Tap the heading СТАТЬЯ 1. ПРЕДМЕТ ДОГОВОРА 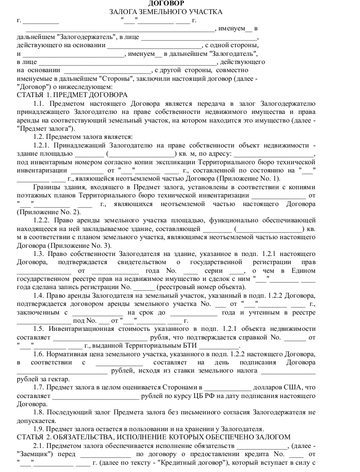tap(72, 95)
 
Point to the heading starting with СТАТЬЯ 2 tap(153, 437)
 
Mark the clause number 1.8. tap(39, 412)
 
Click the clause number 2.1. tap(39, 446)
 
